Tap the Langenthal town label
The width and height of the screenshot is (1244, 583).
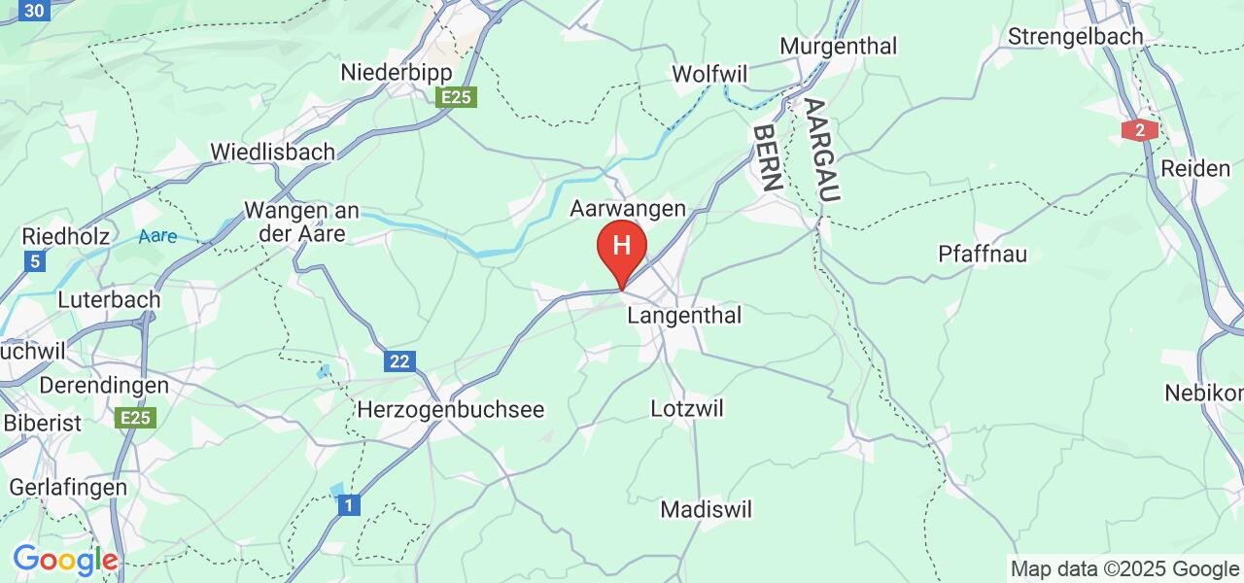click(x=684, y=316)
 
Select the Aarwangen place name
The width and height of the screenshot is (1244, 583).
click(x=628, y=209)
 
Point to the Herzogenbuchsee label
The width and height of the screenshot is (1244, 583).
click(x=452, y=410)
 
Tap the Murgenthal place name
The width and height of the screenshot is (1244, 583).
click(x=838, y=46)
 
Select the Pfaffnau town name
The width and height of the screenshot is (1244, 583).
click(x=983, y=255)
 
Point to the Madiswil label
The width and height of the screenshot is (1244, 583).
click(x=707, y=509)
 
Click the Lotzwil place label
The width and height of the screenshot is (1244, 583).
click(x=687, y=408)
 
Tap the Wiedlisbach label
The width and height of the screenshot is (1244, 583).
click(x=273, y=152)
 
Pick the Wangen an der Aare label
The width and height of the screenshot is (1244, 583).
click(x=302, y=223)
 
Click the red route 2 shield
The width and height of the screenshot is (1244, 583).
click(x=1139, y=130)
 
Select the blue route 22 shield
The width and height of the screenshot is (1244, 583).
click(x=400, y=361)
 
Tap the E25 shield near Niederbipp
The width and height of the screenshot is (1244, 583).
click(x=456, y=97)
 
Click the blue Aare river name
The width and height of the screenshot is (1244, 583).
click(x=157, y=236)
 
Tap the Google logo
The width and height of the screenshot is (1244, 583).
click(x=65, y=561)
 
